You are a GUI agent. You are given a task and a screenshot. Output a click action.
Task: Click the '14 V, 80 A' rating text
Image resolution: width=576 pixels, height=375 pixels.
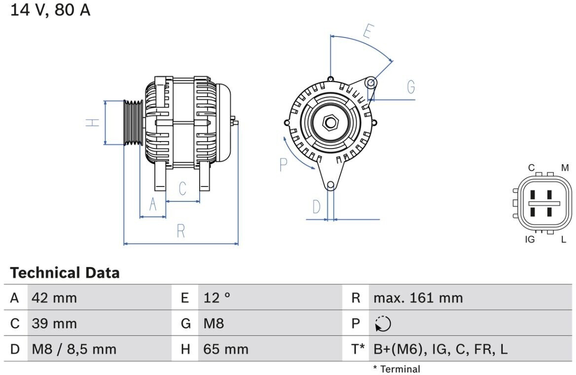click(51, 10)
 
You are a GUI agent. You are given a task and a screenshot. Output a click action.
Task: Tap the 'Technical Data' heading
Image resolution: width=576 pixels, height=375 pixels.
click(65, 273)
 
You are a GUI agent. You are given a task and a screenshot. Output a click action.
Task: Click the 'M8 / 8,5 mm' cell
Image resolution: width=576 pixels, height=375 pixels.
click(74, 349)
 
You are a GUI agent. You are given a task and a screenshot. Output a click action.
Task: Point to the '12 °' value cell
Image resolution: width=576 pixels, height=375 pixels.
click(217, 298)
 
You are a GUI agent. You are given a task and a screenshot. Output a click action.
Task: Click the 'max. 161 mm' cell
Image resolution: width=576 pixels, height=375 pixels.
click(418, 298)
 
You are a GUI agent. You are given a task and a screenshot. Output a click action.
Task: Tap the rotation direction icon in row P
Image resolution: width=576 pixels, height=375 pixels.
click(383, 324)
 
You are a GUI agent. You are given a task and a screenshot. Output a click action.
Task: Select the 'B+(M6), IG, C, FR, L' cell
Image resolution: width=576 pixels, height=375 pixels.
click(440, 349)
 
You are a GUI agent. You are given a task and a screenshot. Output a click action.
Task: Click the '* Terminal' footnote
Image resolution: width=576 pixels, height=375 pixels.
click(396, 369)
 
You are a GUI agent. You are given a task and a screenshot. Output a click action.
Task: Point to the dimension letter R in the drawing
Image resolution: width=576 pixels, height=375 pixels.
click(181, 231)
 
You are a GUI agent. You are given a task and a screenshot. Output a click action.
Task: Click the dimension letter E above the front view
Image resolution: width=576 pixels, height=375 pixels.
click(367, 31)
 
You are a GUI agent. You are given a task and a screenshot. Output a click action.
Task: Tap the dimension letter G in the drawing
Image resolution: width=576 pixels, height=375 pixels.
click(411, 87)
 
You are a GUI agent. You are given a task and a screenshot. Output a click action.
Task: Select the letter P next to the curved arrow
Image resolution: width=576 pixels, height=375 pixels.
click(283, 165)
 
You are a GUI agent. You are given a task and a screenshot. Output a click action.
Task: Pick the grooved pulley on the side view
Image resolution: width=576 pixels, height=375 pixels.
click(133, 122)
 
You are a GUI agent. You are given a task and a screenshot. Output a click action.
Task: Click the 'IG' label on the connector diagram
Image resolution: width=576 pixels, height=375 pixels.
click(530, 240)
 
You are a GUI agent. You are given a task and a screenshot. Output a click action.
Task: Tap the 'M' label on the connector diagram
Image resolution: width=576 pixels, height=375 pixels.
click(565, 168)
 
